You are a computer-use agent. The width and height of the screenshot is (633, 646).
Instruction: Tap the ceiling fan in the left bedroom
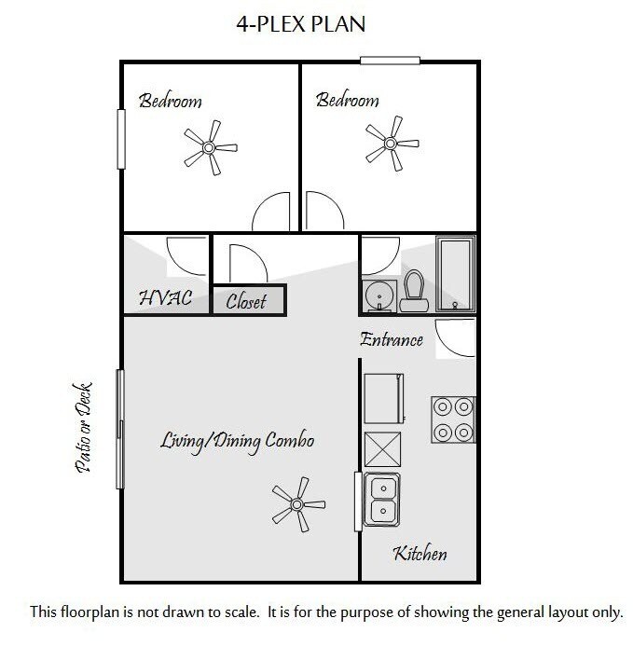point(208,147)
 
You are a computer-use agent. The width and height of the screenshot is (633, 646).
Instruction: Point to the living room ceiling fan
point(297,503)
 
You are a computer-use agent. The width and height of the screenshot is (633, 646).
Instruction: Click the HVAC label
point(165,299)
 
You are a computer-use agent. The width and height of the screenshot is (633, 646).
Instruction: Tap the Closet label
point(246,301)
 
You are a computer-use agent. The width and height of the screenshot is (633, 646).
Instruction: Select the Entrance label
point(392,339)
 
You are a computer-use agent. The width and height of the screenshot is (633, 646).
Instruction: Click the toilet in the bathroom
point(414,291)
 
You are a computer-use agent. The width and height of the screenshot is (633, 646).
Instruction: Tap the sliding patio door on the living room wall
point(119,428)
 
